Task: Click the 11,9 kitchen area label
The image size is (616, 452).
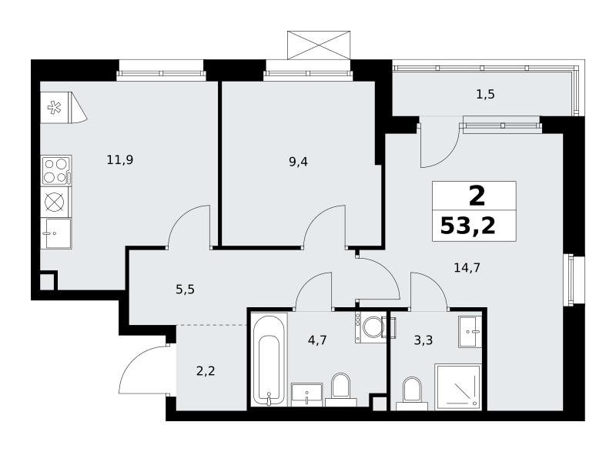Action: click(120, 160)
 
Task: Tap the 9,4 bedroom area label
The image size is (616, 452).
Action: click(298, 162)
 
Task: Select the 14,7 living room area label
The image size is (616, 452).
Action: click(467, 268)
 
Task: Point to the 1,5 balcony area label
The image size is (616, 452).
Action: click(485, 95)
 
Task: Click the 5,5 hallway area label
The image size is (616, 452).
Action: click(185, 290)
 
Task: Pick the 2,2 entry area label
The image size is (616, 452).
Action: click(206, 370)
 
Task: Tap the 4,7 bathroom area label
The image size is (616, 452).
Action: click(317, 340)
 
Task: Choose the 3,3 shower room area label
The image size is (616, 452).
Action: click(423, 340)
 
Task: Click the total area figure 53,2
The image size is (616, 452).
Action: click(468, 226)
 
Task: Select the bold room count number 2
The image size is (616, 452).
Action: click(477, 196)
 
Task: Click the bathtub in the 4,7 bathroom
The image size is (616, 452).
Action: click(269, 360)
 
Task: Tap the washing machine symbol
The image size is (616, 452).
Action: click(371, 327)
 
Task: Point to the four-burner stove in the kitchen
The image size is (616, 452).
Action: click(56, 170)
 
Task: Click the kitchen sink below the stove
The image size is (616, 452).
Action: click(56, 233)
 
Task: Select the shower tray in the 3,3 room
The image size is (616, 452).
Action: click(458, 387)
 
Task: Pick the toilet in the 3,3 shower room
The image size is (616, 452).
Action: click(412, 393)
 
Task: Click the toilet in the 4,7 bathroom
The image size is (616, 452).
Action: click(340, 390)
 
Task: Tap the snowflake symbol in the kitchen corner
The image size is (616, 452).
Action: click(54, 107)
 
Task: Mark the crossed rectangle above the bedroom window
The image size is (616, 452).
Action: click(319, 45)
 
